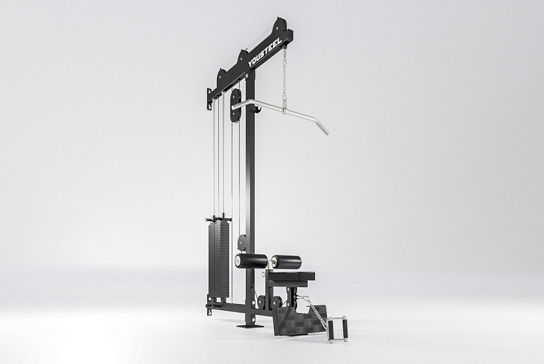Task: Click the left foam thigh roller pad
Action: [251, 260]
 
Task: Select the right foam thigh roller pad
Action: [286, 261]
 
